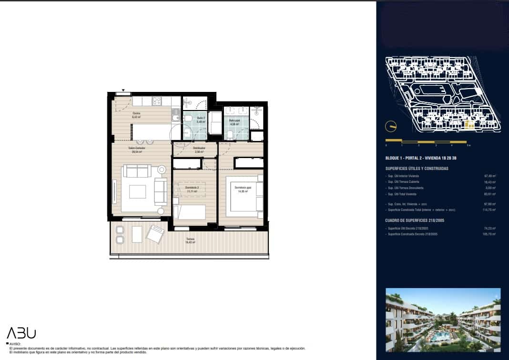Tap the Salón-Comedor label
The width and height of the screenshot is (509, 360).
coord(136,150)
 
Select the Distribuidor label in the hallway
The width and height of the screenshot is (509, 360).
coord(199,150)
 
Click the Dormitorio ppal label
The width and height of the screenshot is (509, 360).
coord(242,189)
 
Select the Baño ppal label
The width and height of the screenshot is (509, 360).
coord(234,122)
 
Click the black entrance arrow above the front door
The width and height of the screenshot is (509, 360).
coord(123,90)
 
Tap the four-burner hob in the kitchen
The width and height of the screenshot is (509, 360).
coord(156,101)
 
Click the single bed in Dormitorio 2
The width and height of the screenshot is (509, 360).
coord(189,212)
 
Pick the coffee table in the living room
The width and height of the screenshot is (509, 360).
coord(137,191)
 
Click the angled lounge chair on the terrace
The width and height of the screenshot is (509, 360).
coord(155,234)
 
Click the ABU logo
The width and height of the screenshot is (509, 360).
coord(21,333)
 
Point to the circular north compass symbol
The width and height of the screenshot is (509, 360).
coord(390,126)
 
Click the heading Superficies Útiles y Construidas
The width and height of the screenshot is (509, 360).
coord(417,168)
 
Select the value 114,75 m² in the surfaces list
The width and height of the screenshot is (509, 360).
coord(490,210)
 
